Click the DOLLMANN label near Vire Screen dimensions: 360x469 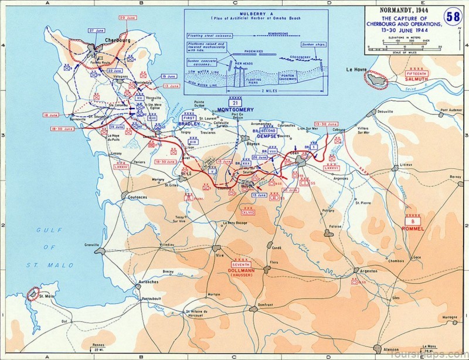(x=241, y=270)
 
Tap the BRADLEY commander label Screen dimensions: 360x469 (x=189, y=125)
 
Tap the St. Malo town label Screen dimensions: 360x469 (x=47, y=296)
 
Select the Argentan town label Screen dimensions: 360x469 (x=369, y=271)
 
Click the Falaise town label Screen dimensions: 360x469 (x=336, y=225)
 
